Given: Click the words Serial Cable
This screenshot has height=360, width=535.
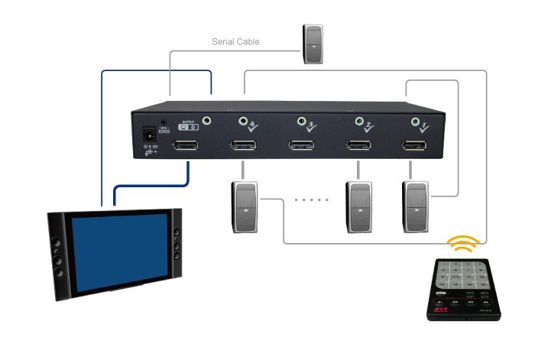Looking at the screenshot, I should [235, 42].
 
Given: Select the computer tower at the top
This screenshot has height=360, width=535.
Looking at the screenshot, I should [314, 44].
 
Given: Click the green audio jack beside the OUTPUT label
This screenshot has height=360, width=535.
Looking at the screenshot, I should [207, 120].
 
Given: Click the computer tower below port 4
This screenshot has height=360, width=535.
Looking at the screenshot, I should [244, 206].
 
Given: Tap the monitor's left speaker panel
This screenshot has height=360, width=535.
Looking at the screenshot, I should [57, 256].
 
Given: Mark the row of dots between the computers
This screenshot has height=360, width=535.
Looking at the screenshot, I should [311, 200].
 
